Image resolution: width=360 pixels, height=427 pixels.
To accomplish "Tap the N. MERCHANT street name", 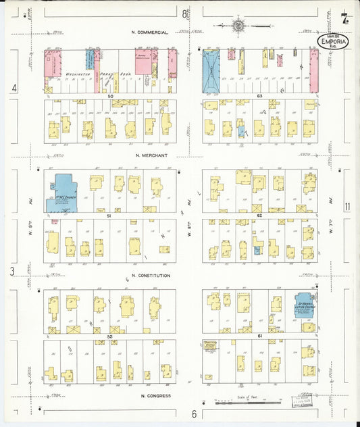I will tap(151, 155).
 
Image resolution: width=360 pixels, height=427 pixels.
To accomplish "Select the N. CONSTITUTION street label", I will tap(151, 276).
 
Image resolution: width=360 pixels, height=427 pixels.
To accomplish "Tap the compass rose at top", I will tap(238, 26).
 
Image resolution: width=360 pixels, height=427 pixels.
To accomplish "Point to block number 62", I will tap(259, 216).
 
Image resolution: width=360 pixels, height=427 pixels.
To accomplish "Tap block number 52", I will tap(109, 336).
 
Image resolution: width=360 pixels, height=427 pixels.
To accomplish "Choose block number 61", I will tap(259, 335).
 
